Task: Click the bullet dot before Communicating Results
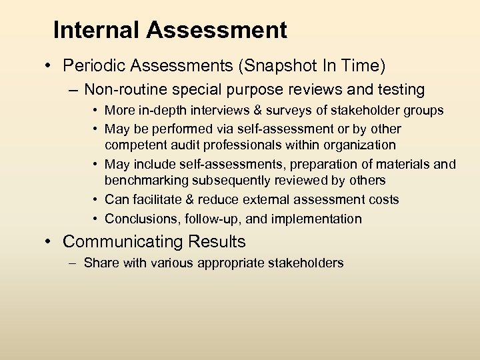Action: pos(51,241)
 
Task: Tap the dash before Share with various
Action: pos(73,263)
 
